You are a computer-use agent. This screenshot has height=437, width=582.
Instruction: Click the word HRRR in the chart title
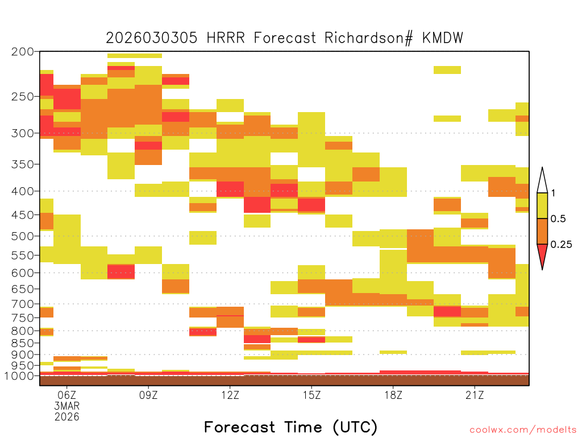[x=226, y=38]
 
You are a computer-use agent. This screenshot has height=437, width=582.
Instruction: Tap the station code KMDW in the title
[x=443, y=38]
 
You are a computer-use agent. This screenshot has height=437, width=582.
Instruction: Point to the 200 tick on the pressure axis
[x=23, y=52]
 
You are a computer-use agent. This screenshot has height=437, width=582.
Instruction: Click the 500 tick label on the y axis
[x=23, y=236]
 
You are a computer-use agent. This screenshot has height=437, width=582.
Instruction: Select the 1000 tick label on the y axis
[x=19, y=376]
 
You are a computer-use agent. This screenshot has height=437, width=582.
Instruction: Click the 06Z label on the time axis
[x=67, y=395]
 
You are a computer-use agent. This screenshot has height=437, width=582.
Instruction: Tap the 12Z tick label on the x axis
[x=230, y=395]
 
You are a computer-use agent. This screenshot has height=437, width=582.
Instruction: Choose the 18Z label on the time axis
[x=393, y=395]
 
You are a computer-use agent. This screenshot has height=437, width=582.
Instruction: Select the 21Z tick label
[x=475, y=395]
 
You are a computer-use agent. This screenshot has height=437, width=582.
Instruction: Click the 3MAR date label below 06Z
[x=67, y=406]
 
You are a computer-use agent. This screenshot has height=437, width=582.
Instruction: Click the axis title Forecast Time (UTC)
[x=290, y=427]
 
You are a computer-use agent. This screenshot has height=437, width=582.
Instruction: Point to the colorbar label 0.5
[x=558, y=218]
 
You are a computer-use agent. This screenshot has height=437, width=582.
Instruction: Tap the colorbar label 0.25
[x=561, y=245]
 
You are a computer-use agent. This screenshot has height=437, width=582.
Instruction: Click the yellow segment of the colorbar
[x=542, y=205]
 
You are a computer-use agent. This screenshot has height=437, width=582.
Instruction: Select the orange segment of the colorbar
[x=542, y=231]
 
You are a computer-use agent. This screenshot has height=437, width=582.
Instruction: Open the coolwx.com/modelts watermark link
[x=523, y=430]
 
